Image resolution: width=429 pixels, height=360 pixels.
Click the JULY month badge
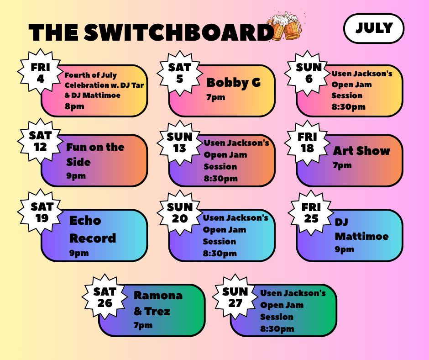click(374, 28)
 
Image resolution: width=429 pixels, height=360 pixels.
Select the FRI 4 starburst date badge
click(40, 72)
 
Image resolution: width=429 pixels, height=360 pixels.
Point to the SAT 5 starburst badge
click(179, 73)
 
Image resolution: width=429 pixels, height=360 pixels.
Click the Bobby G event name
click(233, 83)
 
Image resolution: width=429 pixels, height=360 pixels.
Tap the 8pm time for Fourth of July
click(74, 106)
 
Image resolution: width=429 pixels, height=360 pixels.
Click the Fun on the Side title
click(95, 154)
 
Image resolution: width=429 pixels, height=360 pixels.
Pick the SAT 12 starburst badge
click(40, 141)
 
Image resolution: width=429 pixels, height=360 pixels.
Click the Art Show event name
click(361, 151)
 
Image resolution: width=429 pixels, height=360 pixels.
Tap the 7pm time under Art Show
click(342, 165)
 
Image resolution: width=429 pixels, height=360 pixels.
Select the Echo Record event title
click(93, 229)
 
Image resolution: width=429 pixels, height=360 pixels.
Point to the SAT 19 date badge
click(40, 212)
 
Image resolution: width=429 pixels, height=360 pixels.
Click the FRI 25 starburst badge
click(311, 213)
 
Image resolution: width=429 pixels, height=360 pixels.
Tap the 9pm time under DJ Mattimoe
click(344, 249)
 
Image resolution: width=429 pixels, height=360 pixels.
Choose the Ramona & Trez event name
click(158, 303)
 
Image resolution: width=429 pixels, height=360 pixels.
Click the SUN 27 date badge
click(235, 297)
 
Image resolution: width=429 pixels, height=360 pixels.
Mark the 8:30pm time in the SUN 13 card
click(220, 178)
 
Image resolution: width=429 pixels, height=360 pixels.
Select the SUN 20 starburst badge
click(179, 213)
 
